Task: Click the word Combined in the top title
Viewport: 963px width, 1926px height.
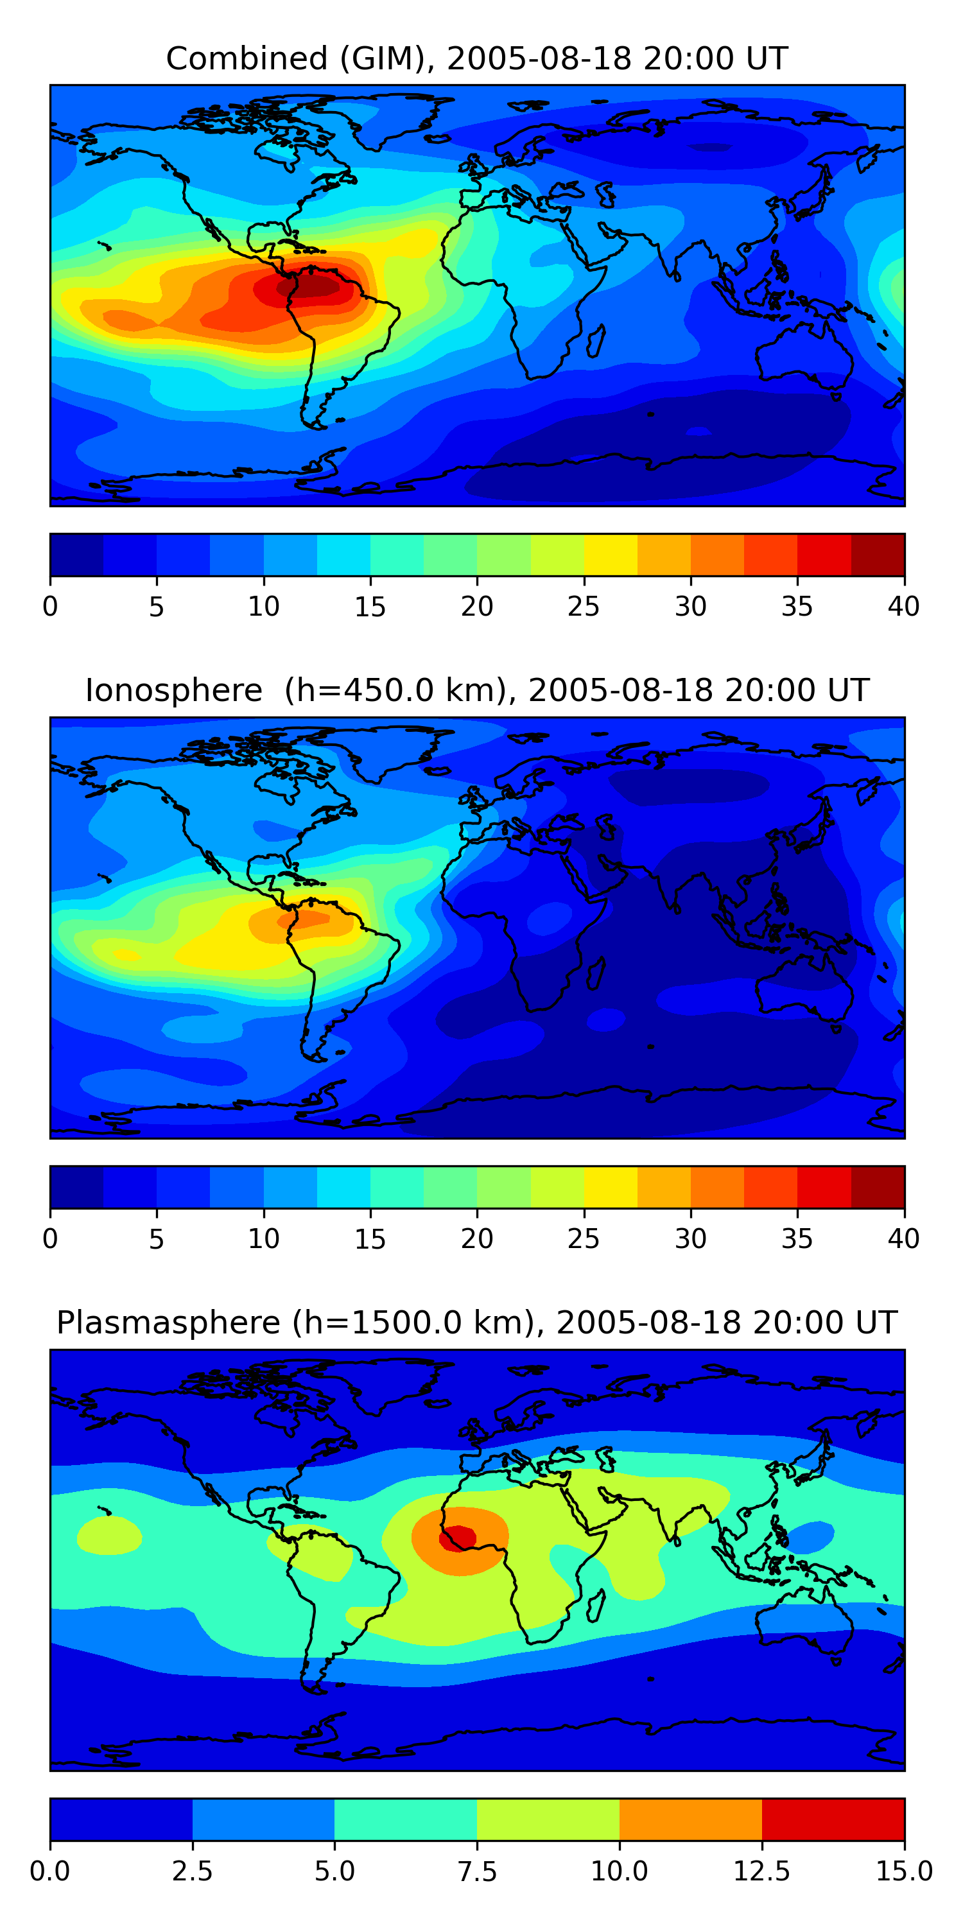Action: (x=247, y=58)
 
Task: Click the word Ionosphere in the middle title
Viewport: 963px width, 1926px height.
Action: (x=173, y=690)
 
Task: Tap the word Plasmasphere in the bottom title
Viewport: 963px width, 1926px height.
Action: (x=168, y=1323)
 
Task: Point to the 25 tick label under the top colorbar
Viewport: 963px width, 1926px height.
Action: (x=583, y=606)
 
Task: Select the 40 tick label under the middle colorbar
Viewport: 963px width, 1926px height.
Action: (x=904, y=1239)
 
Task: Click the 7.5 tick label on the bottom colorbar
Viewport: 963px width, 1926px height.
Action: (x=477, y=1871)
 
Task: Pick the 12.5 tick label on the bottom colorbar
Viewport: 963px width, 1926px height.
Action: (x=762, y=1871)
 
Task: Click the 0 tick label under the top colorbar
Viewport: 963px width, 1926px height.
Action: (x=50, y=606)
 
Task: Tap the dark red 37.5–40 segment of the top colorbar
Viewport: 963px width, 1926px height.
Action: (x=878, y=555)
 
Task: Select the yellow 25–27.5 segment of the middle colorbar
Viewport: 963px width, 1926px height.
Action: (x=610, y=1187)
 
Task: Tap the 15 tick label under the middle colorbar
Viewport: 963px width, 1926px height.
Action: (x=370, y=1239)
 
